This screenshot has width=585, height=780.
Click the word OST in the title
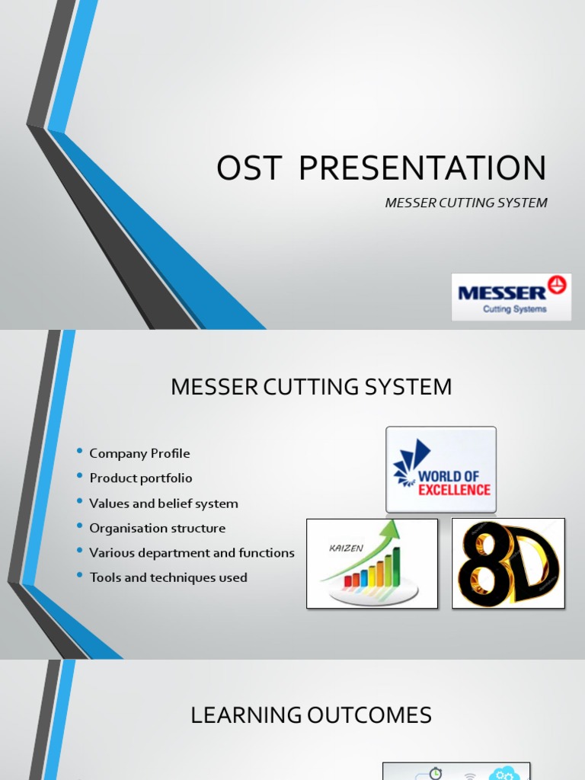(249, 168)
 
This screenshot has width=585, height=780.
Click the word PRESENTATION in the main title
(423, 168)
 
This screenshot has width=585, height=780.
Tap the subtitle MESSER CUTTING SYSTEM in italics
(466, 203)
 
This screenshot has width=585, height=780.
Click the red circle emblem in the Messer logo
(558, 285)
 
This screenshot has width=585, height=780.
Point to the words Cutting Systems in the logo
(515, 309)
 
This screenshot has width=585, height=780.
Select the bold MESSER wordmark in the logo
(501, 292)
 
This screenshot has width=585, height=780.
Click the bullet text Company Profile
(139, 453)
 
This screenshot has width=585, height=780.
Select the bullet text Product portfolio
(141, 478)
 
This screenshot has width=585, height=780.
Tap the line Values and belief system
(164, 503)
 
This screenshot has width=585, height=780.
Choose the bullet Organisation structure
(158, 528)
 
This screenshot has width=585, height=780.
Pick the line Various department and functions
(192, 553)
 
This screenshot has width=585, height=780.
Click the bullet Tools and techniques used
(168, 577)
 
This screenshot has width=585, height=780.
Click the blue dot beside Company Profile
(80, 452)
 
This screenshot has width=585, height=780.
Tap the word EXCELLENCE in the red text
(455, 490)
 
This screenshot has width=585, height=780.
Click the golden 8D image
(508, 564)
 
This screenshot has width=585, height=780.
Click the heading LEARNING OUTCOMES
(311, 715)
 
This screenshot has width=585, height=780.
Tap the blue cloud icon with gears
(503, 774)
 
